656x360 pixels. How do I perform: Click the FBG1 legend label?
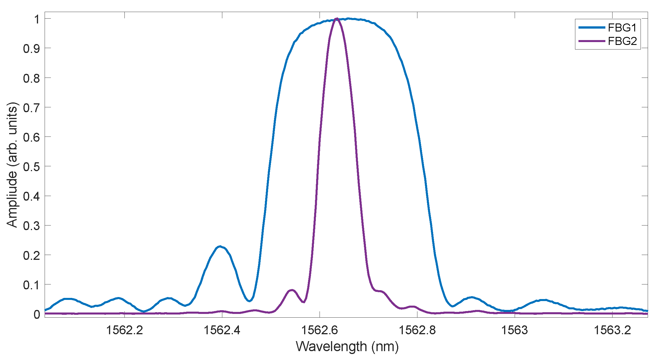tap(622, 28)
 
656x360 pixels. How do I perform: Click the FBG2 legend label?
tap(622, 41)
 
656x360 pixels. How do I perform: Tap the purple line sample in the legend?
tap(591, 41)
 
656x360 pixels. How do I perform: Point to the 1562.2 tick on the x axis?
tap(124, 330)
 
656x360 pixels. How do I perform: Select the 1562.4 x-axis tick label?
tap(222, 330)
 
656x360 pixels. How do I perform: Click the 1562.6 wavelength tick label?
tap(319, 330)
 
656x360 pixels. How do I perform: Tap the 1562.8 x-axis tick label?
tap(417, 330)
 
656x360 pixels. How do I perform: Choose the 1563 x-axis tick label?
tap(514, 330)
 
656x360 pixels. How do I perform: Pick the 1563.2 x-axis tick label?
tap(612, 330)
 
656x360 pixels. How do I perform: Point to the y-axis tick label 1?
tap(37, 19)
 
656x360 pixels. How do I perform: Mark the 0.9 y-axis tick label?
tap(31, 49)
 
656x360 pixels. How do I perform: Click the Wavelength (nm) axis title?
tap(347, 347)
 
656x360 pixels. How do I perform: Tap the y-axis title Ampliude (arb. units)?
tap(12, 165)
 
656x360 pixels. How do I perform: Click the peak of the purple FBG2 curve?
tap(337, 19)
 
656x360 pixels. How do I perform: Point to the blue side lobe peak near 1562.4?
tap(219, 246)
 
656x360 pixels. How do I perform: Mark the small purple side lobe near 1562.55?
tap(292, 290)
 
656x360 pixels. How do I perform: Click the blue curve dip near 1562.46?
tap(249, 301)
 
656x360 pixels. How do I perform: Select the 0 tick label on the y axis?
tap(37, 314)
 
